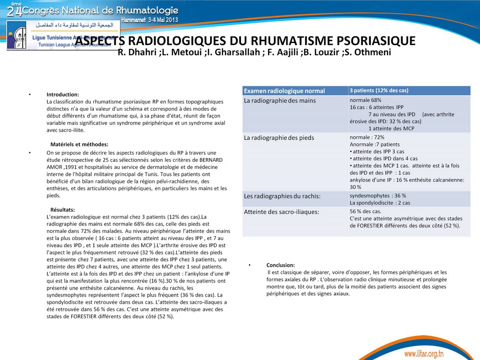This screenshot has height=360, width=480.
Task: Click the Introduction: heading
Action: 62,94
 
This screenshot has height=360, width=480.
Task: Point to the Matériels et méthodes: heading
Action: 79,144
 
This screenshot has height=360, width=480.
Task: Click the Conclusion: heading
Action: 280,265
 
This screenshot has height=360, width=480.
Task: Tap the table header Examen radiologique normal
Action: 285,90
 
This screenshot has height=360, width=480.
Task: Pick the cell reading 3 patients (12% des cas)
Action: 379,90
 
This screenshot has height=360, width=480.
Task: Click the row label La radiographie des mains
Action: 280,101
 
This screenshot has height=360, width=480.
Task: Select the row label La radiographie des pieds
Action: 279,138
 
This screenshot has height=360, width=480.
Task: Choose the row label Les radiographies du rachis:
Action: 281,196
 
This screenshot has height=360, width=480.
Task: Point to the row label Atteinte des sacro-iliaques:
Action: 281,212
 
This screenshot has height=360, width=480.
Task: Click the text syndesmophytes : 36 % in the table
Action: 378,195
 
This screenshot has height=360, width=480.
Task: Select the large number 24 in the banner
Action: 14,10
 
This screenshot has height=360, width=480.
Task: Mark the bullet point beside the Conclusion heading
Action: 250,265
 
